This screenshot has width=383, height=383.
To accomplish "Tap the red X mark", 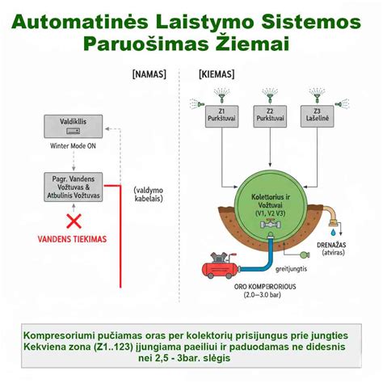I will point(74,220).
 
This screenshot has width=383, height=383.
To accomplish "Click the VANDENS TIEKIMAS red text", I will point(74,240).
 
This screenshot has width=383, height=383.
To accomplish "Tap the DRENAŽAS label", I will point(339,244).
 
